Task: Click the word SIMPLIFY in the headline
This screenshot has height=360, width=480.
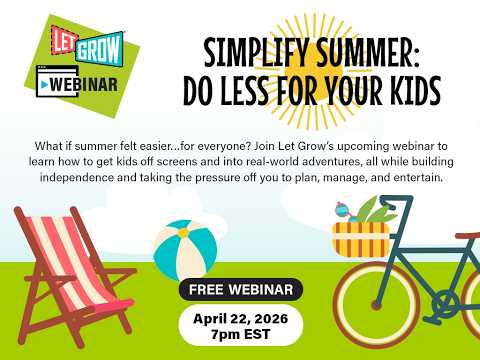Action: [256, 53]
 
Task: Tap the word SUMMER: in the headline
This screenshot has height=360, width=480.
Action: [368, 53]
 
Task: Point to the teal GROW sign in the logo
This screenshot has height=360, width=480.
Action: [100, 49]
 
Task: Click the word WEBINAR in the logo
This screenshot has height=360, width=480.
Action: [84, 85]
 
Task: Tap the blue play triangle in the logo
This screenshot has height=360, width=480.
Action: [43, 85]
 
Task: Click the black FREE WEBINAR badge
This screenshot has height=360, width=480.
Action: [241, 289]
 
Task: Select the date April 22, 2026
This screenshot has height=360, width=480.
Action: [240, 319]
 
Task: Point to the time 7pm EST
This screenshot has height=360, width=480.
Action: [240, 334]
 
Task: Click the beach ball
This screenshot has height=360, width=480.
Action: [185, 250]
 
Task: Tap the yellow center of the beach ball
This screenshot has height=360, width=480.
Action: [183, 232]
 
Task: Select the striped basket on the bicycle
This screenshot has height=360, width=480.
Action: [361, 240]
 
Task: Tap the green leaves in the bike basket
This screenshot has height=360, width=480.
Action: [375, 211]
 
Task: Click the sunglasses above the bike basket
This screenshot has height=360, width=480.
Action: [345, 212]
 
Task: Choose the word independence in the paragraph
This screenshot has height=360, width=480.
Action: [77, 177]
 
